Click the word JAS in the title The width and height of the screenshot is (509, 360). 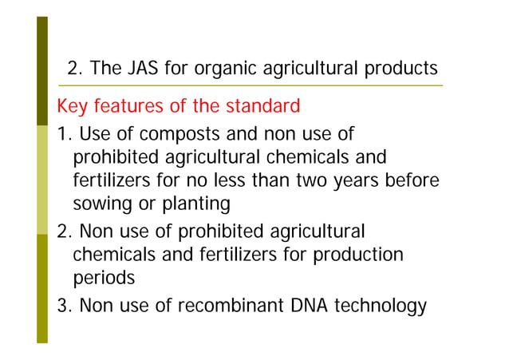click(140, 69)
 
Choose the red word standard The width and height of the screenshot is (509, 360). click(262, 106)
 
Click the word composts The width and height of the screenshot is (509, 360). click(168, 132)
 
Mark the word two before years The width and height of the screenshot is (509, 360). click(318, 180)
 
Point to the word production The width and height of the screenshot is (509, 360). click(363, 255)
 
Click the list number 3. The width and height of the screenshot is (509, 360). click(62, 307)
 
